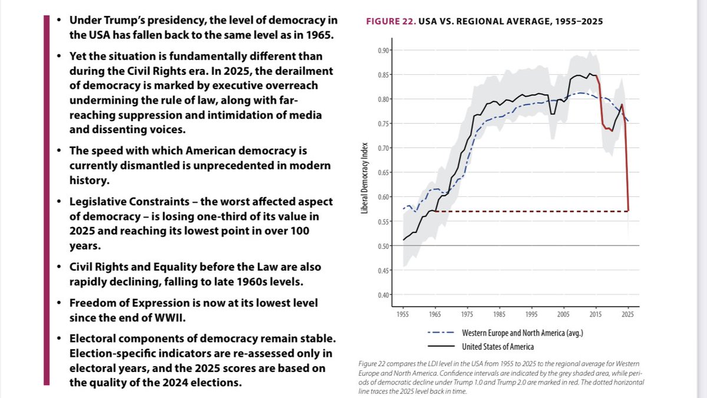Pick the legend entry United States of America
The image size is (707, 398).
498,346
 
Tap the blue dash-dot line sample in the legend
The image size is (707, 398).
441,333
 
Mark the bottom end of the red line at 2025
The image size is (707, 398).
628,210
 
